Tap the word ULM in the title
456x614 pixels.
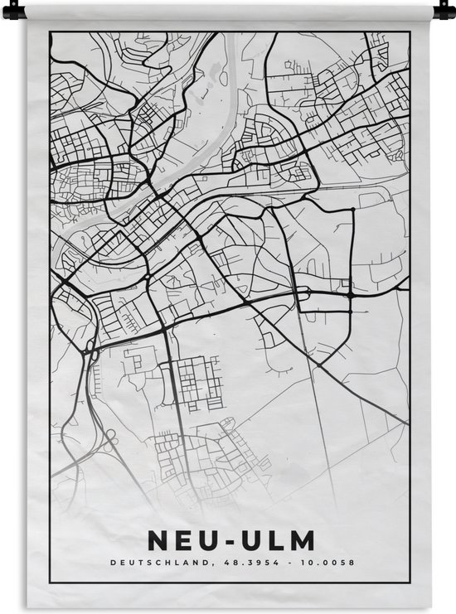point(277,542)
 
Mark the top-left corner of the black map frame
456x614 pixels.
point(51,32)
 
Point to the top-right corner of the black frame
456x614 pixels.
point(409,32)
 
